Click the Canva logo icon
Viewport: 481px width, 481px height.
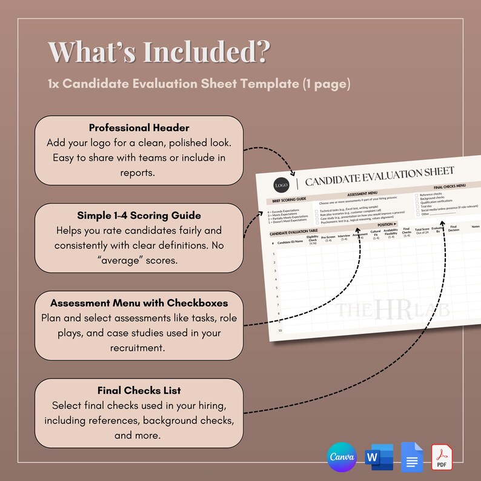click(342, 457)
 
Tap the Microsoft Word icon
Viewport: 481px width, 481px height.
click(379, 457)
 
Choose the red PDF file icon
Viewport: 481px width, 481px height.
click(442, 457)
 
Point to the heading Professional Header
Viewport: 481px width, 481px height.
click(139, 128)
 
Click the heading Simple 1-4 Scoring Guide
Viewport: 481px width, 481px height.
click(139, 215)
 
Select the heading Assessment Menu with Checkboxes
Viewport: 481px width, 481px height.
click(139, 302)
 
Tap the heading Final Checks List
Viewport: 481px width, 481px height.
click(139, 390)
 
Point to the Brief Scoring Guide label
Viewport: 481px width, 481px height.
click(288, 199)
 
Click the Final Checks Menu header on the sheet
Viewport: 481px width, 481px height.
click(449, 187)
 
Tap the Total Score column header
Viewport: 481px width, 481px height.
click(422, 231)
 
